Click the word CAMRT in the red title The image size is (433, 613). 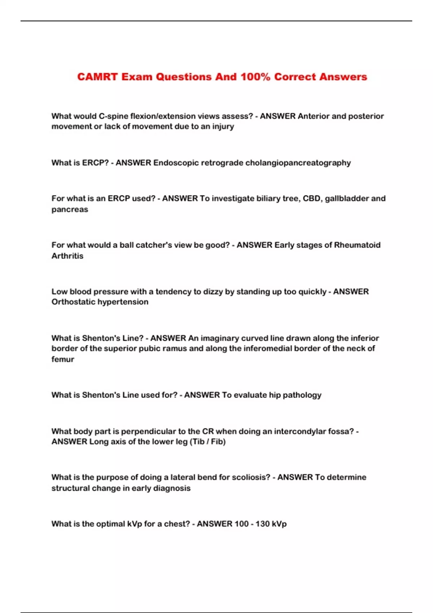pyautogui.click(x=97, y=77)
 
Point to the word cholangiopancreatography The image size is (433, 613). pyautogui.click(x=298, y=163)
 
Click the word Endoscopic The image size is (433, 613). pyautogui.click(x=176, y=163)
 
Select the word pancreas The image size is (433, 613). pyautogui.click(x=70, y=209)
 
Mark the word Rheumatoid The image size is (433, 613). pyautogui.click(x=357, y=245)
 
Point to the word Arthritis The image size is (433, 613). pyautogui.click(x=67, y=256)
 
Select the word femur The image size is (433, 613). pyautogui.click(x=63, y=359)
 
